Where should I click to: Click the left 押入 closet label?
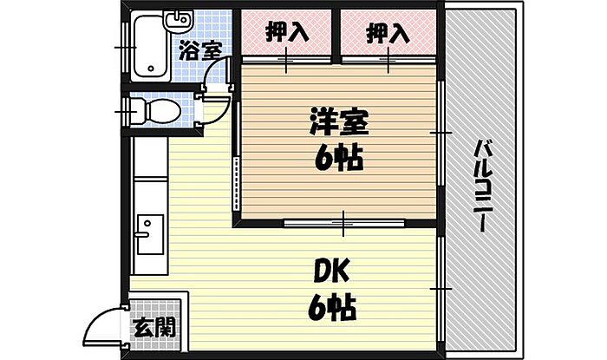pyautogui.click(x=286, y=34)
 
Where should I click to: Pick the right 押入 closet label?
pyautogui.click(x=387, y=34)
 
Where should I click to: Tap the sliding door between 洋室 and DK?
pyautogui.click(x=343, y=224)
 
